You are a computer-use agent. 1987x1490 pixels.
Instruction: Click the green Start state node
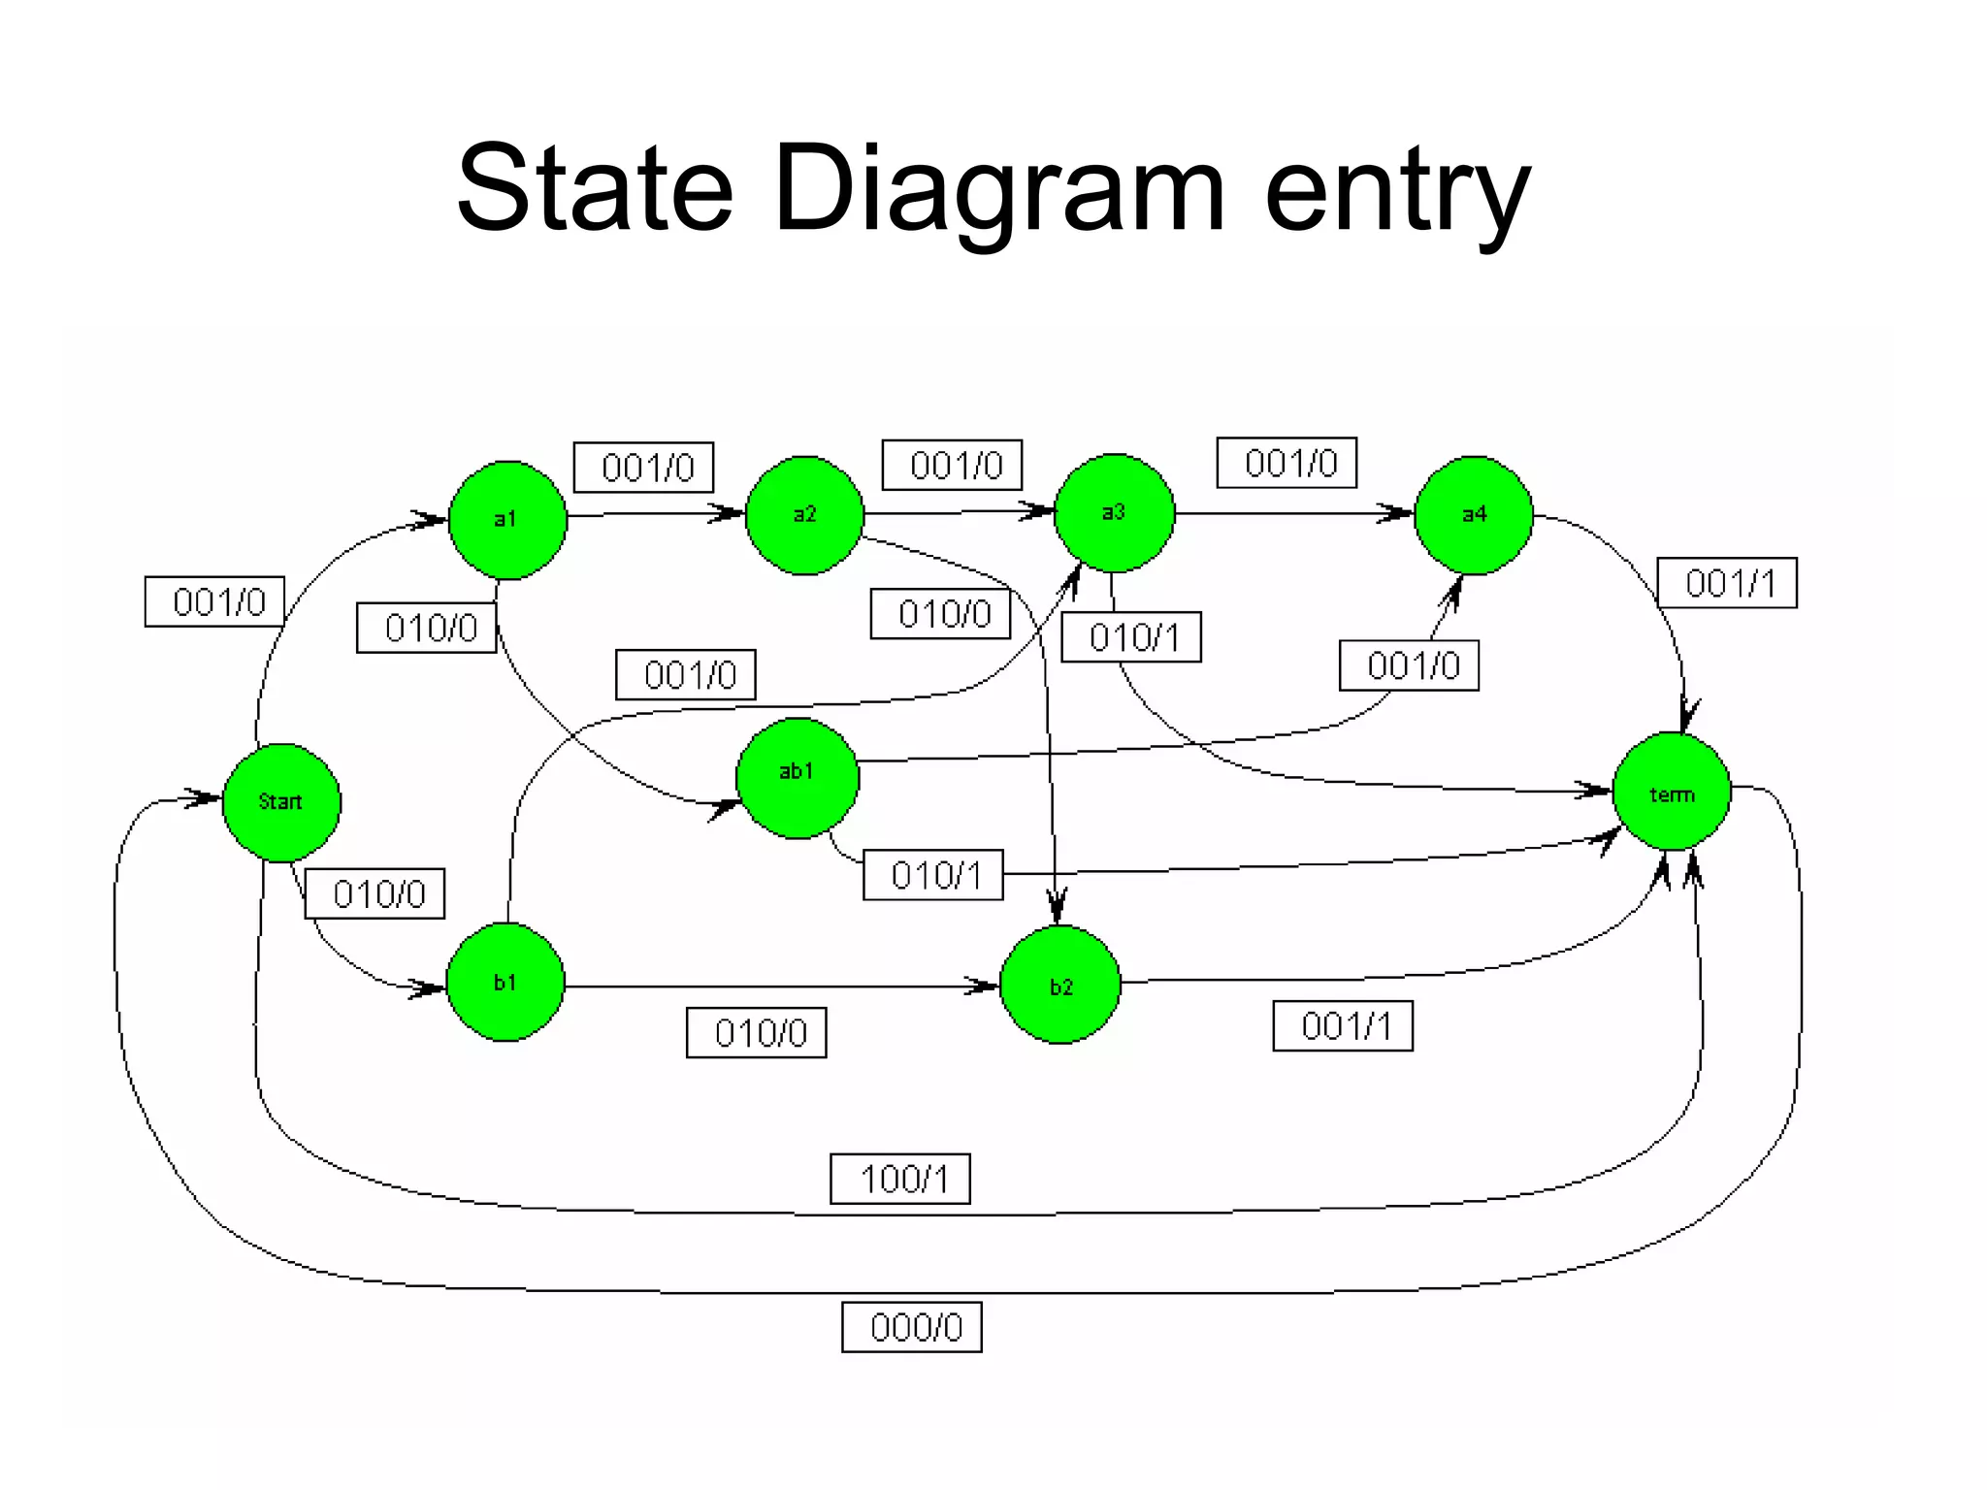281,802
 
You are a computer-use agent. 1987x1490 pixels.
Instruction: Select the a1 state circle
507,520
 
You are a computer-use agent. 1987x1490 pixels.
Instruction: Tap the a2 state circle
804,515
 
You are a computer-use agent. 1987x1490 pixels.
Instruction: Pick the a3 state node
1114,512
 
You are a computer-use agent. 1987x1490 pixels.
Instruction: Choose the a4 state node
1474,515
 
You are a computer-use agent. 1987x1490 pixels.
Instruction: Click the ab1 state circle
797,778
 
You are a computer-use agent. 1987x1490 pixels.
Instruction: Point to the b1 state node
505,982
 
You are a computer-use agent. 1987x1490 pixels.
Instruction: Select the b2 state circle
1059,985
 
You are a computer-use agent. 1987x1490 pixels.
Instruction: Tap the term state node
1672,793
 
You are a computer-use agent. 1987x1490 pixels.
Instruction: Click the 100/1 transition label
900,1179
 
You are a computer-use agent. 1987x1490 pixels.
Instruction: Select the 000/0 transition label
912,1327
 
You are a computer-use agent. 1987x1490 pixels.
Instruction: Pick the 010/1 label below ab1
933,875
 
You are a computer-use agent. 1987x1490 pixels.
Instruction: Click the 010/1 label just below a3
1131,637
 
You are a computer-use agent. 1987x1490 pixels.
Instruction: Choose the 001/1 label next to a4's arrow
1727,583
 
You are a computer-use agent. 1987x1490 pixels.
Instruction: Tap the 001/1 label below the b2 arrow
1343,1026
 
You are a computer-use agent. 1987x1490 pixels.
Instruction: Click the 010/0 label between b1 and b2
757,1033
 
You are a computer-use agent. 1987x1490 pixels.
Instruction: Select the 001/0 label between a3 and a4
1287,463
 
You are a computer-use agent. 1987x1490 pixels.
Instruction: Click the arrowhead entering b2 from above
1058,908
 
